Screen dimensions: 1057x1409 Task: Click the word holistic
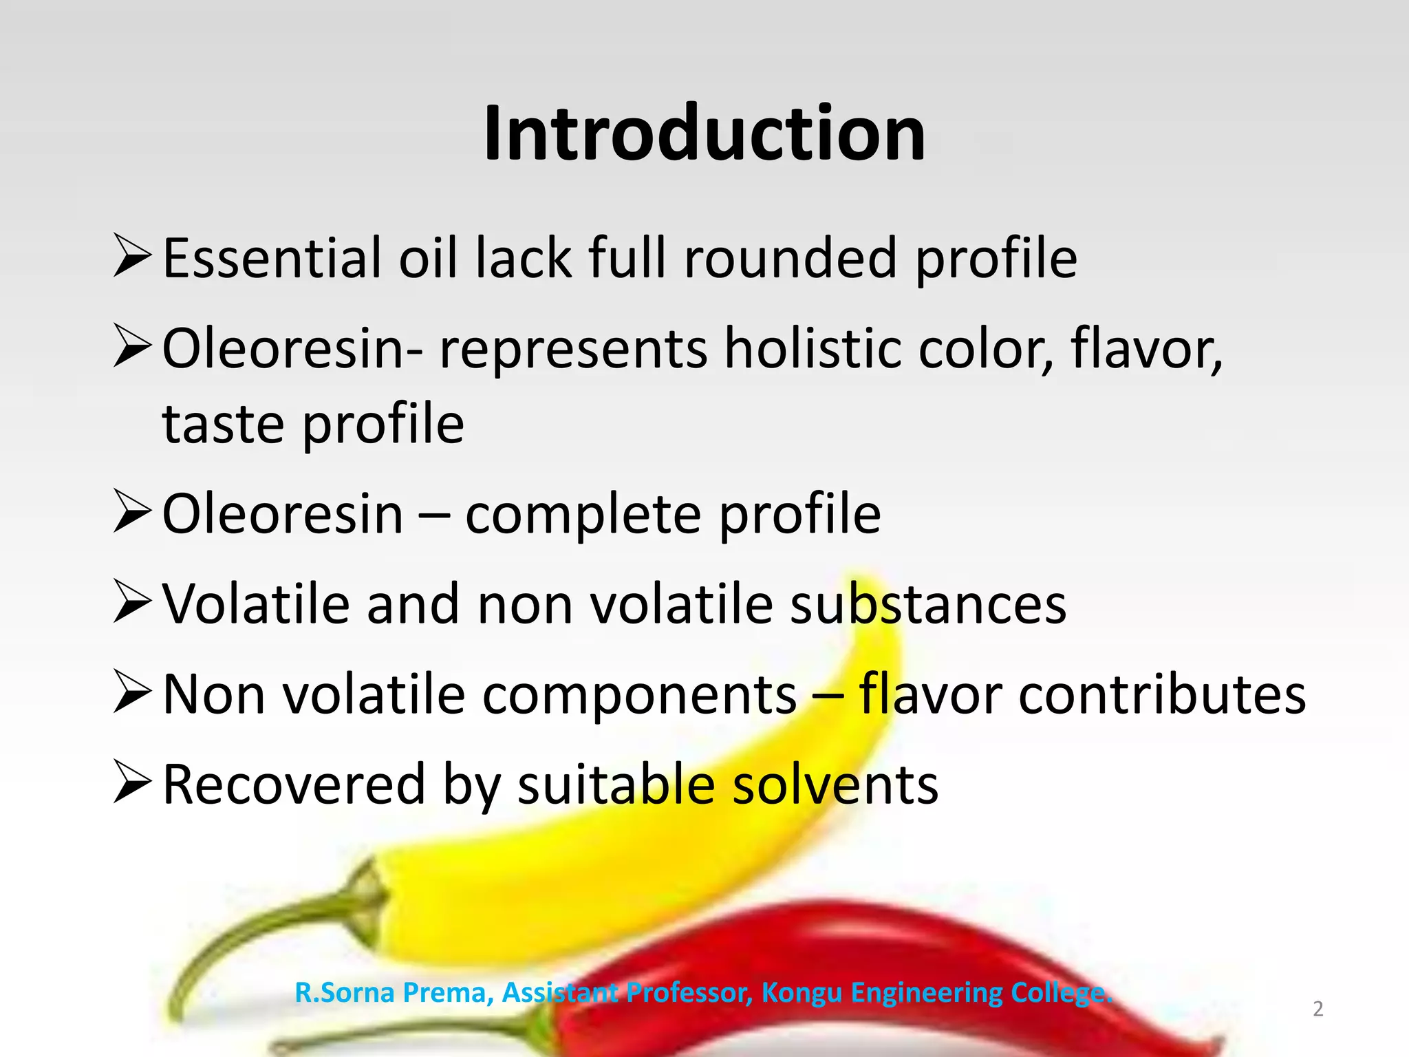(x=813, y=348)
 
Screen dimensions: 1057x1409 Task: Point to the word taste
(x=222, y=424)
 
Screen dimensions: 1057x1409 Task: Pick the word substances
(x=928, y=604)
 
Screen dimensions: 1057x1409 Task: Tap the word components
(x=639, y=694)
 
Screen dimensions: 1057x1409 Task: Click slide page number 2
(x=1317, y=1009)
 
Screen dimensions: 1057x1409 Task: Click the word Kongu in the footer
(x=802, y=993)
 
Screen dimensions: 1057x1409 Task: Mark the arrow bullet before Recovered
(x=132, y=782)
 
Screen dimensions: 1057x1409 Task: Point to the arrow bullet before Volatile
(x=132, y=602)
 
